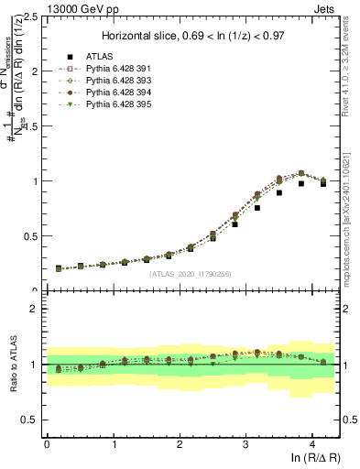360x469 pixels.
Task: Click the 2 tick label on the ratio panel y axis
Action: pos(38,309)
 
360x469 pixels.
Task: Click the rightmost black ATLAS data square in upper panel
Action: pos(322,183)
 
